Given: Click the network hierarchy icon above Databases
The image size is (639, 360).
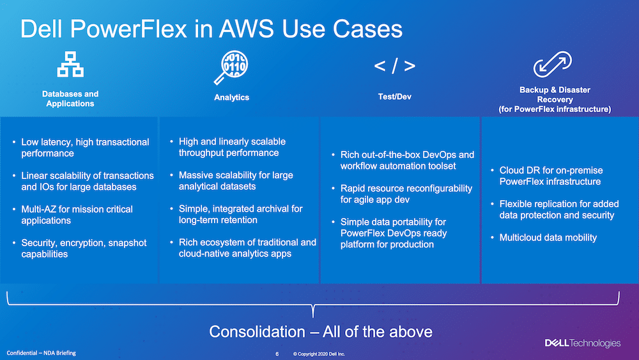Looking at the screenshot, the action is point(70,64).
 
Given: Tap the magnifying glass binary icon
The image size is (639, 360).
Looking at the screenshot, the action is point(231,67).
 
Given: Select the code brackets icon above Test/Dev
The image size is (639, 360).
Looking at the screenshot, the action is point(394,66).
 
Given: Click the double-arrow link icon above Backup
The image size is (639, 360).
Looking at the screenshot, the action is point(553,64).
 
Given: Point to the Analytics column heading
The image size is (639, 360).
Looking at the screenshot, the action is point(231,97).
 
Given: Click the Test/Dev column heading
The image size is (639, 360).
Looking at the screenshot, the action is point(394,97).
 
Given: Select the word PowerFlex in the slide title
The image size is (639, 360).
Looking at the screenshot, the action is point(130,29).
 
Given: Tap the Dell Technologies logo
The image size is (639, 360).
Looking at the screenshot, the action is point(583,343).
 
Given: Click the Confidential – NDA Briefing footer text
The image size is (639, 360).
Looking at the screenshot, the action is point(41,353).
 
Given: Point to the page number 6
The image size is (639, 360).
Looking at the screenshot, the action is point(277,354).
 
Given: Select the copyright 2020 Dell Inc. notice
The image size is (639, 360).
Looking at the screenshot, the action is point(319,354).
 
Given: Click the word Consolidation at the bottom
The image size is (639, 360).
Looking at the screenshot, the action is point(257,332).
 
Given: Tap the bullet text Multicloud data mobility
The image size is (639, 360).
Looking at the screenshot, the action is point(548,238).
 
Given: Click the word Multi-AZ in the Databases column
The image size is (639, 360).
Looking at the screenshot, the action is point(39,209).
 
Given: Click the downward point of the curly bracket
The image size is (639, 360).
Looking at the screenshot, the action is point(313,317).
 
